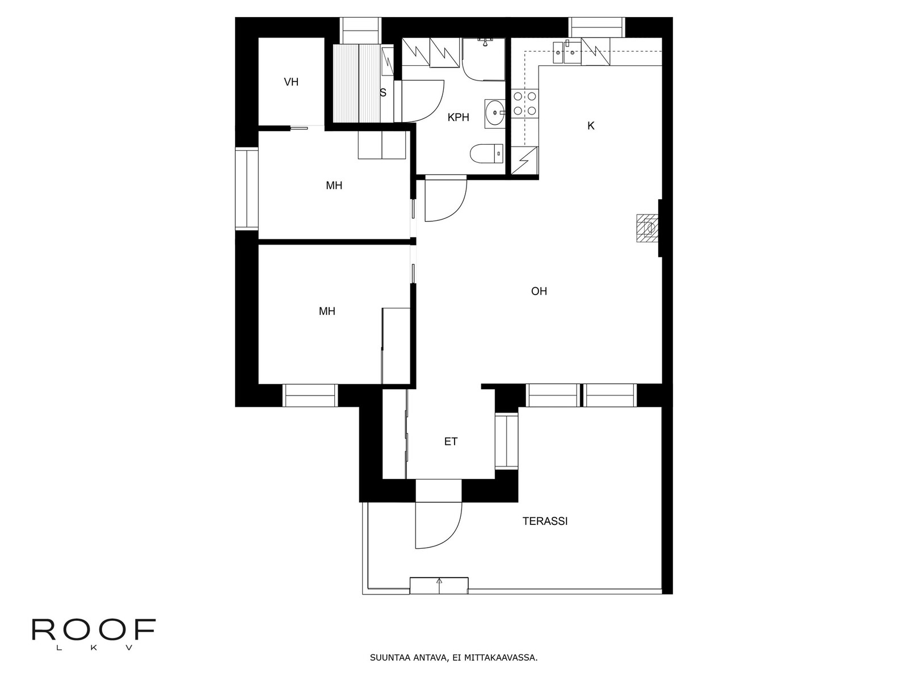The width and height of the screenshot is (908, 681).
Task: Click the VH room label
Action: coord(291,82)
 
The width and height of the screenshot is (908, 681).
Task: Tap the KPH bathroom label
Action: coord(459,117)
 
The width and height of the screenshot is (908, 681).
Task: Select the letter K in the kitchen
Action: coord(591,125)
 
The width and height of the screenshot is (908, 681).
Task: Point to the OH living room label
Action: coord(539,291)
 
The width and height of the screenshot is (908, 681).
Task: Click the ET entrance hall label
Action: coord(451,442)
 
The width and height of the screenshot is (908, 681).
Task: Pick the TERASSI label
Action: coord(545,521)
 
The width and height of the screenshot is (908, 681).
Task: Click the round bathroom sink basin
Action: coord(495,112)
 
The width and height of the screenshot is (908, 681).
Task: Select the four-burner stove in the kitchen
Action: coord(525,103)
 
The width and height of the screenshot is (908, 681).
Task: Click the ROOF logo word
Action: coord(94,629)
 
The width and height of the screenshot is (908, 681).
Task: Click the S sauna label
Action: coord(383,93)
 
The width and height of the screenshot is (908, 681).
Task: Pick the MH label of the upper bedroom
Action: coord(334,185)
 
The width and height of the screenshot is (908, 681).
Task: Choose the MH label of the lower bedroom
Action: coord(327,311)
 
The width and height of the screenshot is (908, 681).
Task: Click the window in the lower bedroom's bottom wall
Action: coord(310,396)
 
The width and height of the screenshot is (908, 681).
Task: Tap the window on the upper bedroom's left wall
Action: coord(247,188)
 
